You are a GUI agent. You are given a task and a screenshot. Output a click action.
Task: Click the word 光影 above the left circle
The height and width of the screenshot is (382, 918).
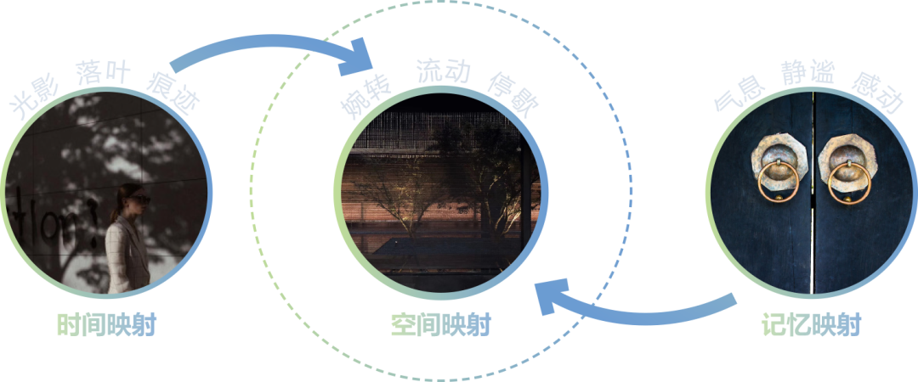31,101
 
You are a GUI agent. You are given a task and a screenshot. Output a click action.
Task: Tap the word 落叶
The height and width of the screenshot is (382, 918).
103,72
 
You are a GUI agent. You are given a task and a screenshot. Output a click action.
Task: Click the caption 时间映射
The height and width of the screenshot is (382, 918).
106,324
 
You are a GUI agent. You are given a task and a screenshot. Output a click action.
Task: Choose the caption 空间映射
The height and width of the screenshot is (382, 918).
440,324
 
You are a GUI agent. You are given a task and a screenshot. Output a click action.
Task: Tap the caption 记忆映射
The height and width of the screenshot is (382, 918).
810,324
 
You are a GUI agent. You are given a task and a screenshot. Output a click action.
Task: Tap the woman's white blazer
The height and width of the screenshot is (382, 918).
126,255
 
